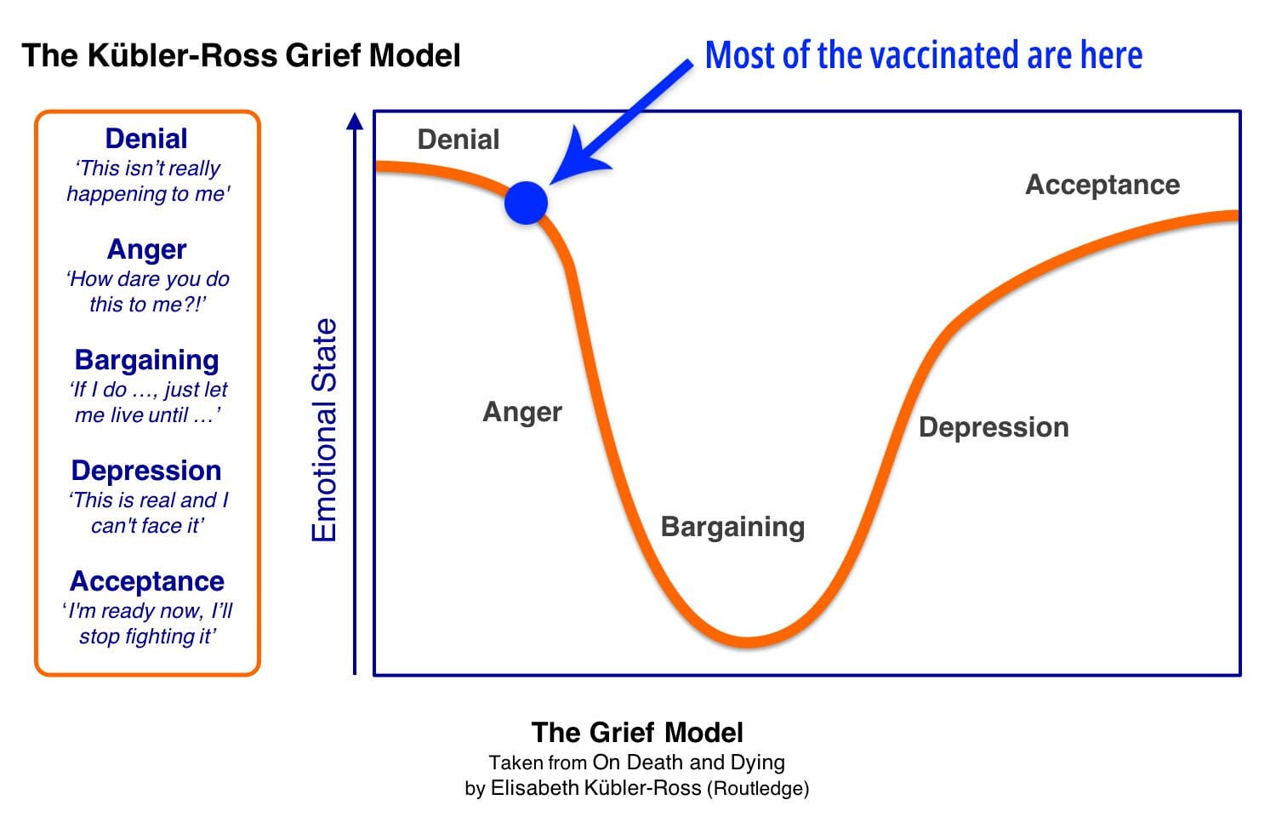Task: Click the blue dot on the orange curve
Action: pos(526,203)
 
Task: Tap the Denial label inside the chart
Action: pos(459,140)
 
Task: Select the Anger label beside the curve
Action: pos(522,412)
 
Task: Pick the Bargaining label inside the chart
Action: pos(732,527)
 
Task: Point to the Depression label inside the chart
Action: pos(994,427)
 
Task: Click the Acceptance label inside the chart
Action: pos(1102,185)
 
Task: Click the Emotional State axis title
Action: pos(325,430)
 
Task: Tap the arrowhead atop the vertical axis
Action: pos(356,121)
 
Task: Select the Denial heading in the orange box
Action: pos(146,139)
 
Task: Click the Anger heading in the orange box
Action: pos(146,249)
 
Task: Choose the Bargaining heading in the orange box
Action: pos(146,360)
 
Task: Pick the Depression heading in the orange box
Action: pos(146,471)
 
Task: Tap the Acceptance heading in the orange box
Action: pos(146,581)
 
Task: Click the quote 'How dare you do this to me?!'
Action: pos(147,292)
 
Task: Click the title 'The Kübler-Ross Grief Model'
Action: pos(241,56)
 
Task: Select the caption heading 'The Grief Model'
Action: pos(637,733)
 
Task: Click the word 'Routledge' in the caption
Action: pos(757,788)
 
